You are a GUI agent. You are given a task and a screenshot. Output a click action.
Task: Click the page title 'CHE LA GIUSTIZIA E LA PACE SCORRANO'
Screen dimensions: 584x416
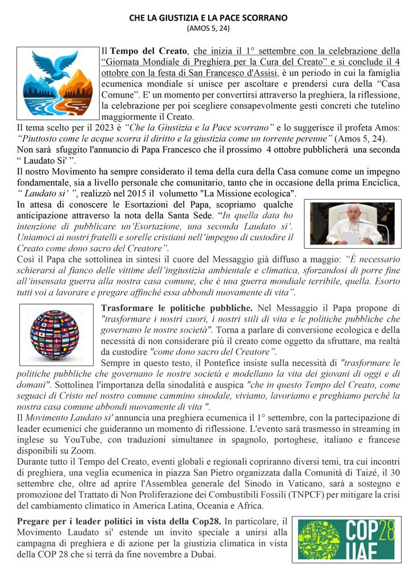point(208,18)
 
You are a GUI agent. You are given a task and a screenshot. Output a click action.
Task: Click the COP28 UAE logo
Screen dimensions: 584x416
point(348,540)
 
